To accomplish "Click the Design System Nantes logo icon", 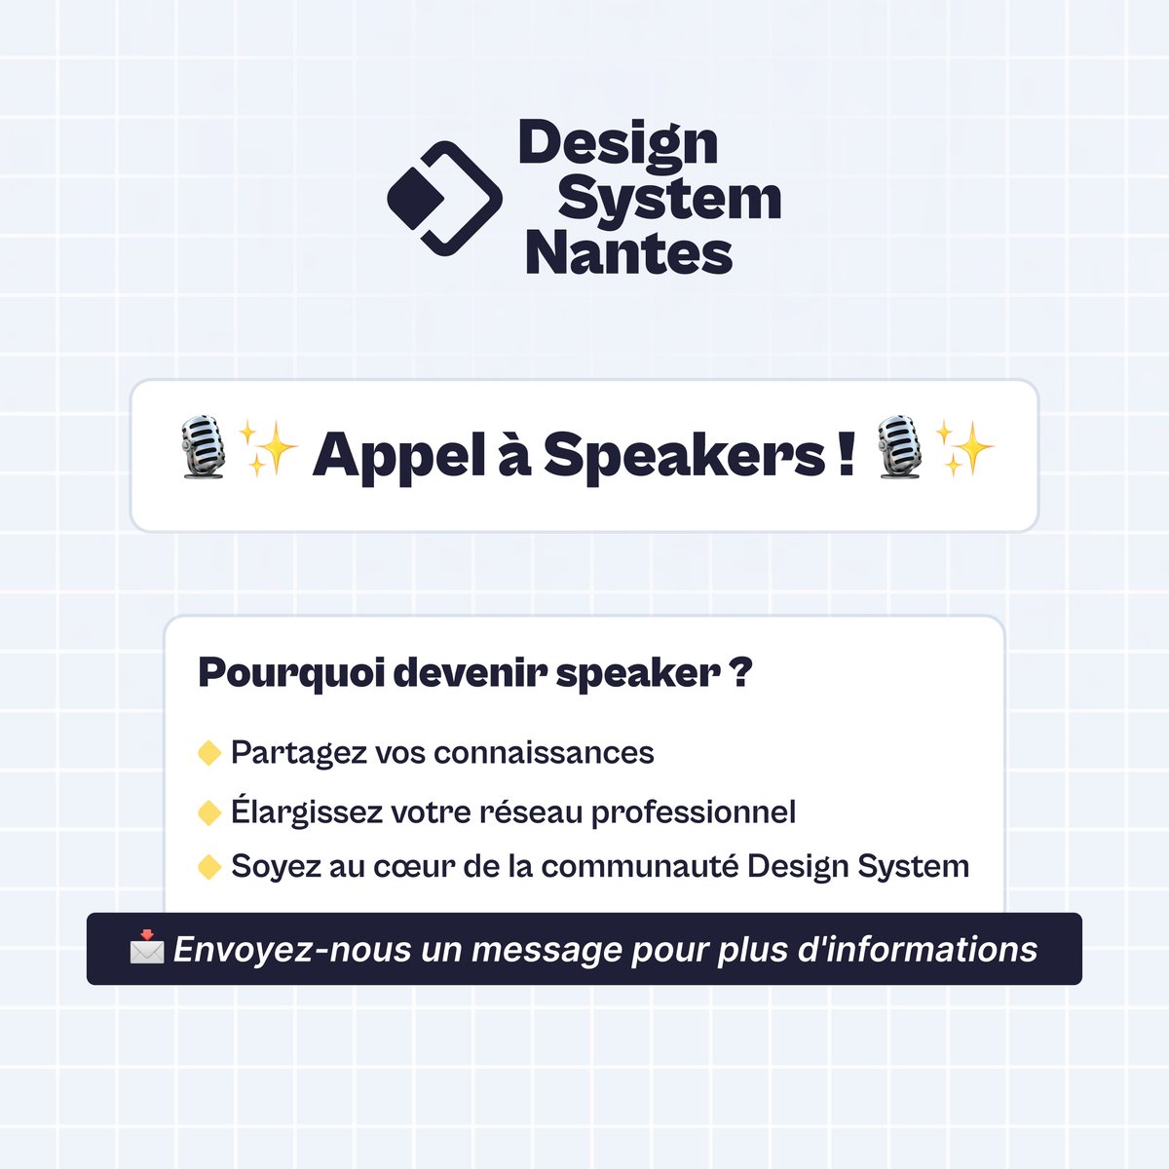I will pos(444,199).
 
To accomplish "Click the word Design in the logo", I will pos(619,143).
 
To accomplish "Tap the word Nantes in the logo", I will pos(628,253).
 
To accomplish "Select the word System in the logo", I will pos(669,199).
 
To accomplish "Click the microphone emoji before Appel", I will pos(205,448).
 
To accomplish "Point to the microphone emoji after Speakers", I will pos(899,448).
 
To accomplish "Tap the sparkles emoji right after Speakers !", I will pos(963,448).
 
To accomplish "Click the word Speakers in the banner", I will pos(684,455).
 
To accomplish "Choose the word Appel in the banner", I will pos(398,455).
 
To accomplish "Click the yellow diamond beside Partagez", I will pos(209,753).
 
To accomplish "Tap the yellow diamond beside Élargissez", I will pos(209,812).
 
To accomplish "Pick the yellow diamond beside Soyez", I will pos(209,867).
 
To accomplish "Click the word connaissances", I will pos(544,753).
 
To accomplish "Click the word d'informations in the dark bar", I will pos(917,950).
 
